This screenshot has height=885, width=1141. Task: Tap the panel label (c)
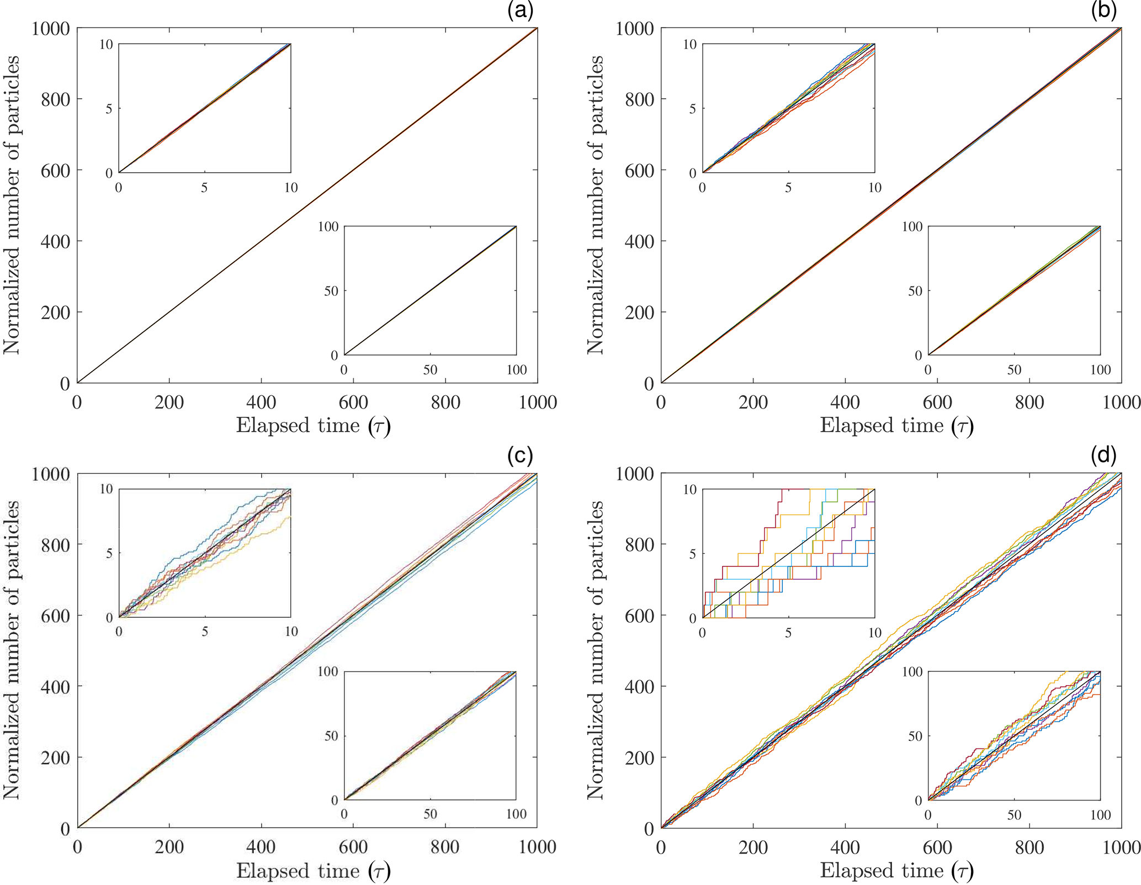[520, 455]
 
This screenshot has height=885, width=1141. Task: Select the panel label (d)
[1103, 455]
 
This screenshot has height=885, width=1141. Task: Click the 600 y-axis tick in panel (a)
[55, 170]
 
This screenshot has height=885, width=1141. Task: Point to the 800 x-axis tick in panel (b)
[1029, 402]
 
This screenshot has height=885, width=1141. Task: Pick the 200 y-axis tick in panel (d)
[639, 757]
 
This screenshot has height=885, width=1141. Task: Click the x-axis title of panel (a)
[313, 426]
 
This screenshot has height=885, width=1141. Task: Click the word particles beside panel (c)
[11, 540]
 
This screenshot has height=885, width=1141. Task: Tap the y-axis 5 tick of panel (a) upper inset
[109, 109]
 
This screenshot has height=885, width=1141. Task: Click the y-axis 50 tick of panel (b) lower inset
[915, 291]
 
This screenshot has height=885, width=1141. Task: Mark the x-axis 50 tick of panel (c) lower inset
[430, 814]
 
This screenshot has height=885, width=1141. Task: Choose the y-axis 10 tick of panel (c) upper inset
[106, 489]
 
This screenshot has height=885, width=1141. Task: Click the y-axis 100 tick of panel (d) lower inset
[912, 672]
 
